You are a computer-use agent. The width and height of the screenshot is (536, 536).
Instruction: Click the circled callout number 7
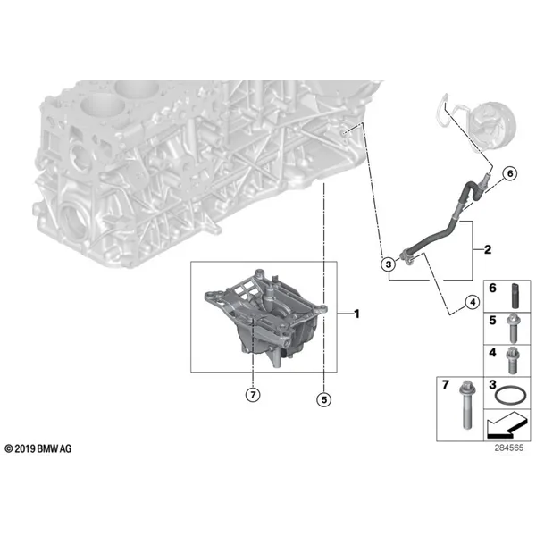coord(253,395)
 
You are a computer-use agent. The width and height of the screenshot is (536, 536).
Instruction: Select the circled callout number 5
coord(323,399)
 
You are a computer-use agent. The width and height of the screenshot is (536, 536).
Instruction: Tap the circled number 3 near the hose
coord(389,264)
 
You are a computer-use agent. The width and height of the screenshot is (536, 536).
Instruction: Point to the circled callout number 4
coord(473,302)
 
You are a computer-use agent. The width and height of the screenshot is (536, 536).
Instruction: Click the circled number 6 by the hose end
coord(510,173)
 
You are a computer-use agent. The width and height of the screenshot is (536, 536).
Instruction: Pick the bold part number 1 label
coord(356,314)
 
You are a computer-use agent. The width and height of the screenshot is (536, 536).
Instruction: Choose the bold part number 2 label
coord(488,249)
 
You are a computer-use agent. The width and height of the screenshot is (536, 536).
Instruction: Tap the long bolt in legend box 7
coord(465,405)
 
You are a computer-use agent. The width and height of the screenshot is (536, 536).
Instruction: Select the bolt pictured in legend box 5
coord(513,328)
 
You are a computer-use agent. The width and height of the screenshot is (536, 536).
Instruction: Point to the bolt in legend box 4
coord(513,361)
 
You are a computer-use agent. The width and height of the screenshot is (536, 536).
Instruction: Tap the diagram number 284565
coord(509,448)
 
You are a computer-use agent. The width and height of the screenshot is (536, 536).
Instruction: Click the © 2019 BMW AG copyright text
coord(38,448)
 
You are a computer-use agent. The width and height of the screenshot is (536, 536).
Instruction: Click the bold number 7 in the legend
coord(445,385)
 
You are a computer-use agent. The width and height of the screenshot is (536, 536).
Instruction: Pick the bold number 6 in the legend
coord(492,289)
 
